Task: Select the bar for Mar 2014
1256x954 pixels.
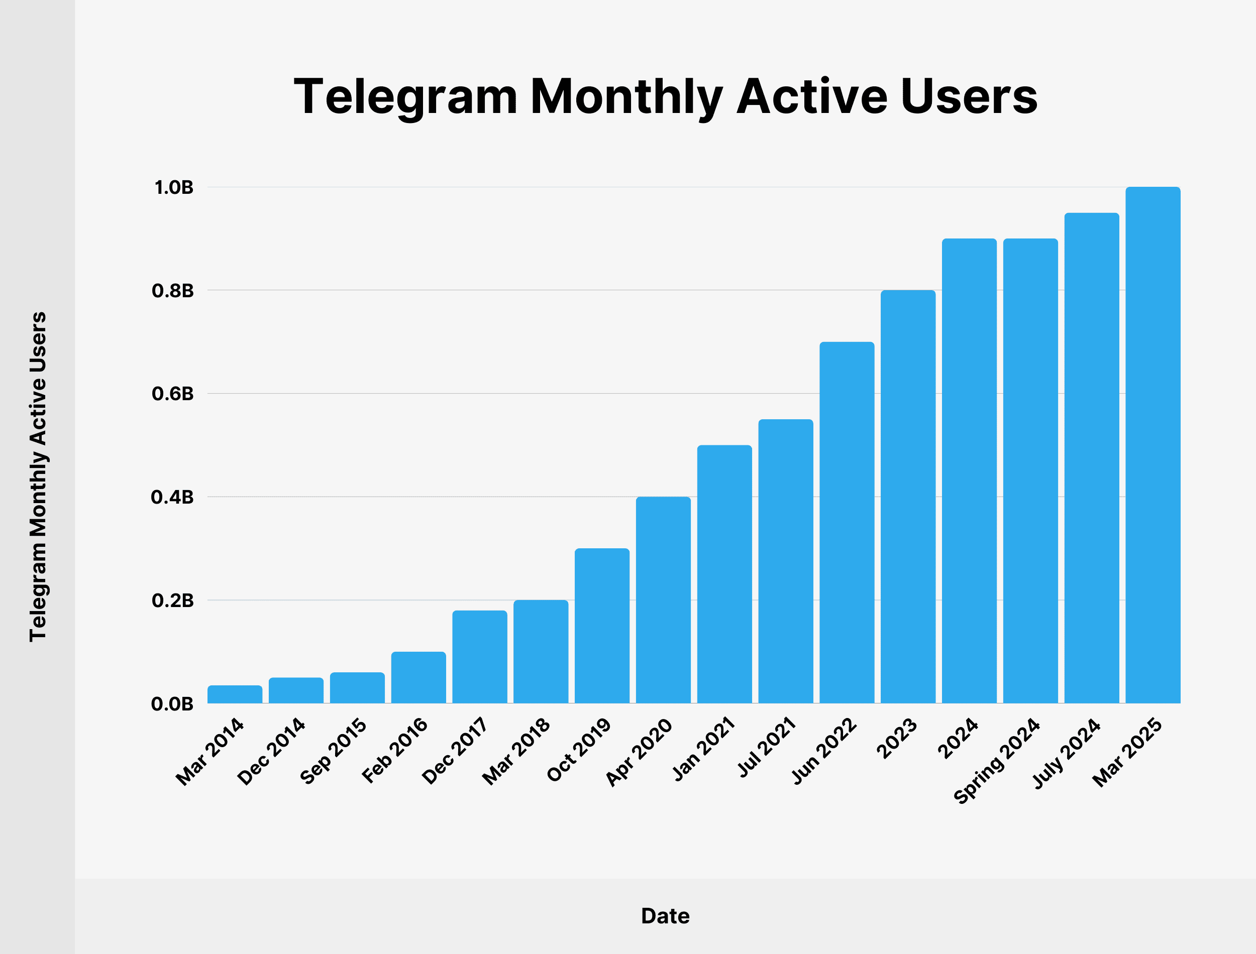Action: point(235,694)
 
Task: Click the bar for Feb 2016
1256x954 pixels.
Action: point(418,677)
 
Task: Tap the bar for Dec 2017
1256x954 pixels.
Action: point(479,657)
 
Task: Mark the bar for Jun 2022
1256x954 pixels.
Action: point(847,522)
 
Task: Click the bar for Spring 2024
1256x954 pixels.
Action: point(1030,471)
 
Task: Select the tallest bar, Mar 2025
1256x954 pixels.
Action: point(1153,445)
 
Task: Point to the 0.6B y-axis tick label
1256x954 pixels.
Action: point(173,394)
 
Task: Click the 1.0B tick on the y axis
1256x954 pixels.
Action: point(174,187)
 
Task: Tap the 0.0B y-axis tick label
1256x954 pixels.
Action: point(172,704)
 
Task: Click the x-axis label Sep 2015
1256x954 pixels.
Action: point(334,751)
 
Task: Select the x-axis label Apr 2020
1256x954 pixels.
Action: point(639,752)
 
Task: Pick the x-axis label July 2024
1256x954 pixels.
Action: point(1066,754)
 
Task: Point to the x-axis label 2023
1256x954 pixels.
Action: point(896,738)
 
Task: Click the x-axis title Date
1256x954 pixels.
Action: point(665,916)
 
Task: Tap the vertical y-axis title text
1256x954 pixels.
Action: point(38,477)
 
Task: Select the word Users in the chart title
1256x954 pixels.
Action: point(969,96)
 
